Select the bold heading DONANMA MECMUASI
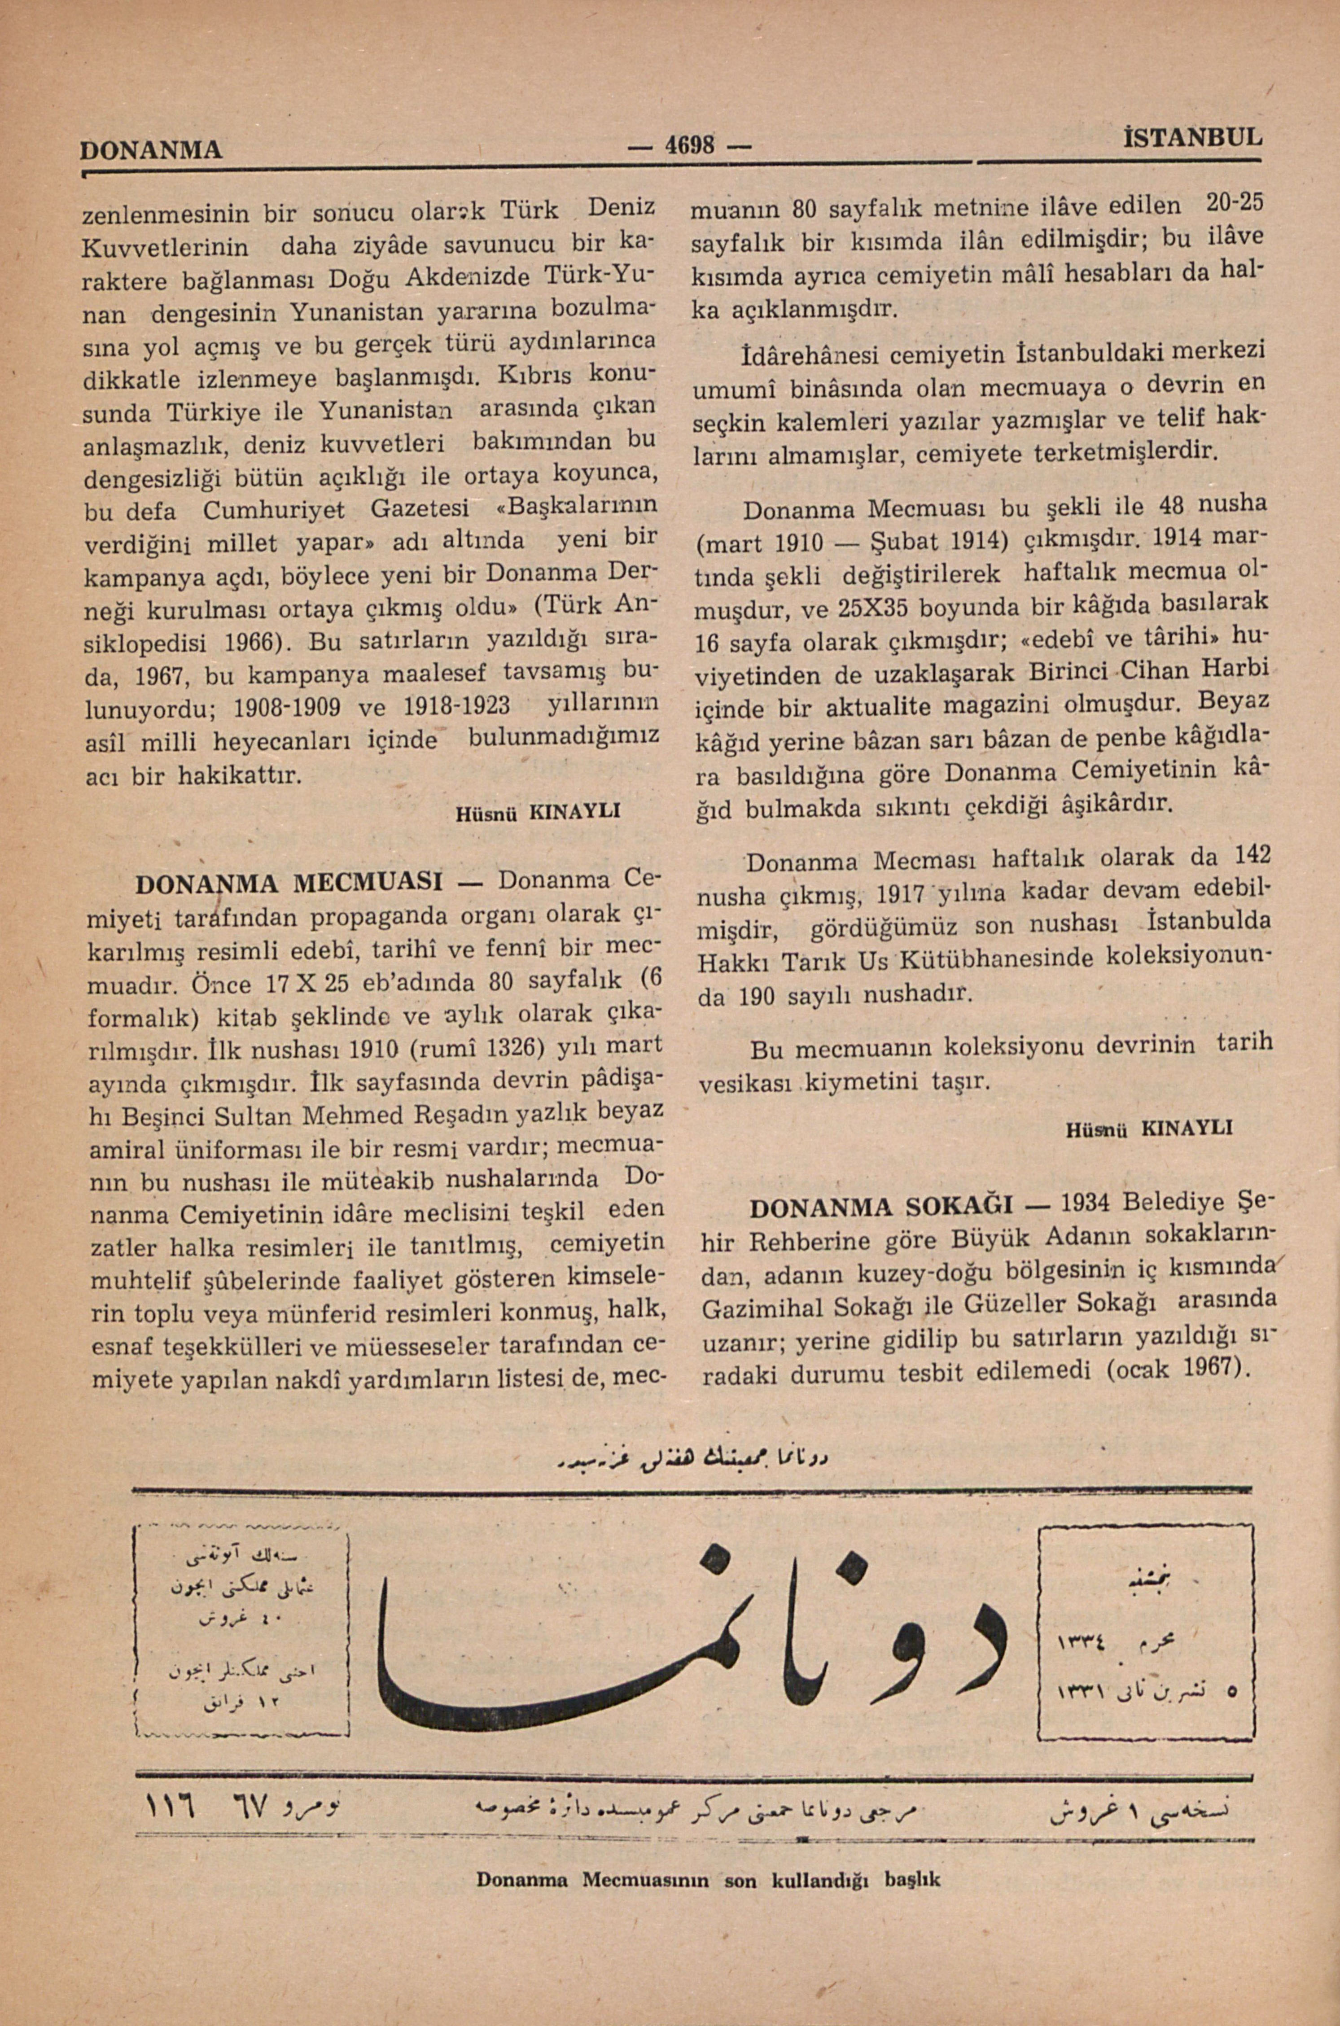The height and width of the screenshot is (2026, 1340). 288,882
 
